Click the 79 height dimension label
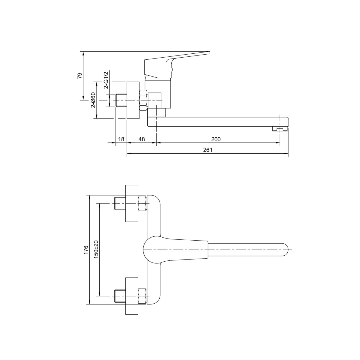(80, 76)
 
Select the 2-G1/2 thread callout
(106, 80)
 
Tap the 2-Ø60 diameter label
(93, 100)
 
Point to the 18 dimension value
(121, 139)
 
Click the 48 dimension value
(142, 139)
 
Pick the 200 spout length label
(216, 139)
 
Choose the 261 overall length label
(208, 150)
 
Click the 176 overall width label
(86, 250)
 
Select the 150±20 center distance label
(96, 249)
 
